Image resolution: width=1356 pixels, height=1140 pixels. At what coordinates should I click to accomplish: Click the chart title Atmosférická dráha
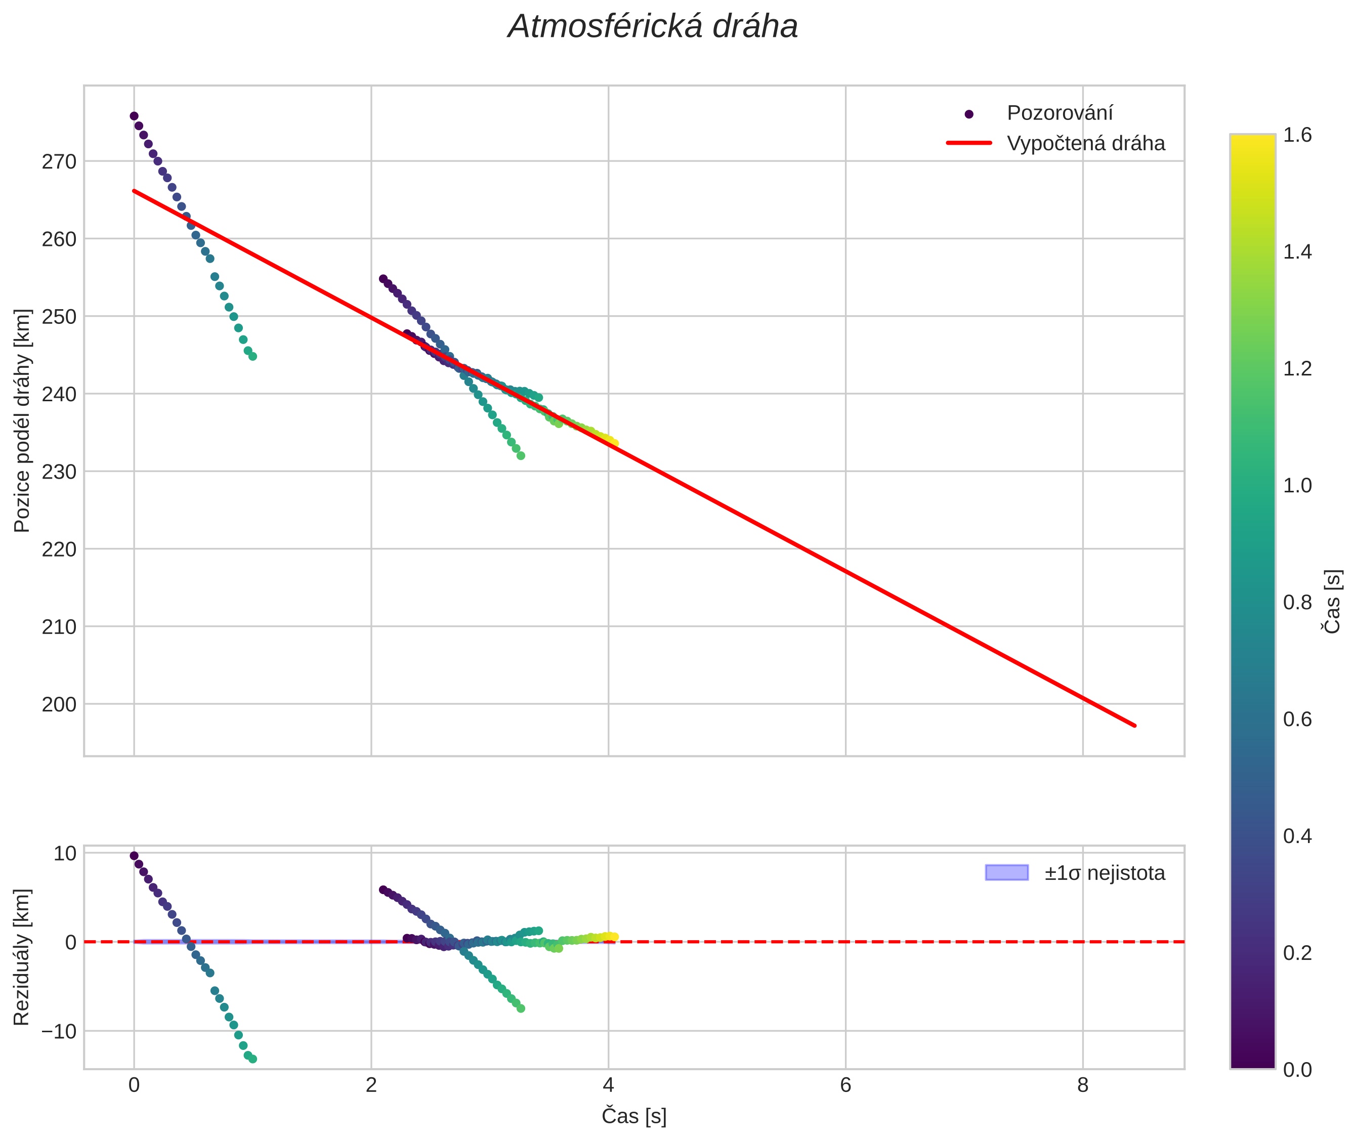(x=653, y=27)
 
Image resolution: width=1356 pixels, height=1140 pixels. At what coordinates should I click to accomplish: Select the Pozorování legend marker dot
(x=969, y=114)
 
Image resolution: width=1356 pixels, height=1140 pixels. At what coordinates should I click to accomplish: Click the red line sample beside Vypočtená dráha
(x=969, y=143)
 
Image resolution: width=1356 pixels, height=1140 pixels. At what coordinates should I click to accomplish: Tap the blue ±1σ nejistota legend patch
(x=1006, y=872)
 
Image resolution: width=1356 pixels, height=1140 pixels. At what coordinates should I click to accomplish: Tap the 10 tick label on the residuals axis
(x=65, y=854)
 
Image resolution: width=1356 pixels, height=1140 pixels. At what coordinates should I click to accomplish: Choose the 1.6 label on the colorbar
(x=1297, y=135)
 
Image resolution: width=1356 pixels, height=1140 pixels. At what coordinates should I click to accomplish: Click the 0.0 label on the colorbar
(x=1297, y=1070)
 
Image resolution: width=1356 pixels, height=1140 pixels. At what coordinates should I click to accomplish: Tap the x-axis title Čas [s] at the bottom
(x=633, y=1116)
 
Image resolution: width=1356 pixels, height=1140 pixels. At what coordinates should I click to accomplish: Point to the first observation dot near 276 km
(x=134, y=116)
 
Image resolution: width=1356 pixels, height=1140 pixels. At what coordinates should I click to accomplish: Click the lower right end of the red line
(x=1134, y=725)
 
